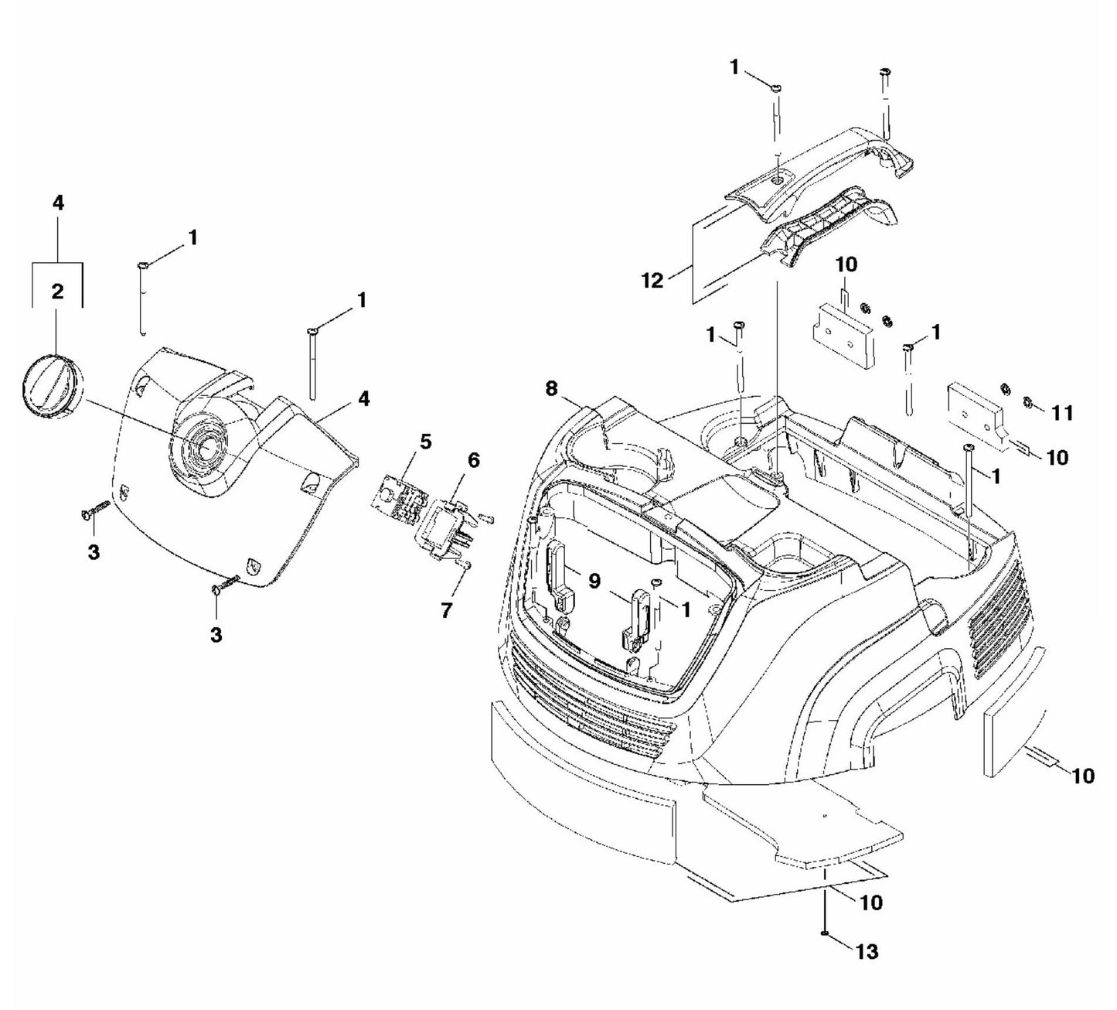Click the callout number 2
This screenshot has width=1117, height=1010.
click(x=57, y=292)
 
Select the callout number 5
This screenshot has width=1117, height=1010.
click(x=426, y=442)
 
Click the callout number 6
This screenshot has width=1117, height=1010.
click(x=473, y=460)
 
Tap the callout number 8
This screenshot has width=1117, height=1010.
click(x=550, y=388)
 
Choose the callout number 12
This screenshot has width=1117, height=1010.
click(x=652, y=280)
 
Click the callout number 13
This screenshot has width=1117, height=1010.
click(x=867, y=951)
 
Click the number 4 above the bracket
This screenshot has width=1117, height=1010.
click(x=58, y=203)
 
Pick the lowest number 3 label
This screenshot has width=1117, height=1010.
click(x=216, y=635)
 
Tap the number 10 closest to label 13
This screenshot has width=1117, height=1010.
click(x=870, y=903)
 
